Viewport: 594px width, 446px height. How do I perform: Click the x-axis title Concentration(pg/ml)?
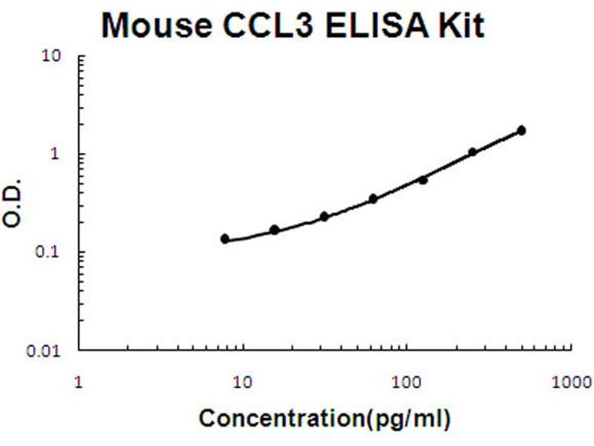[324, 418]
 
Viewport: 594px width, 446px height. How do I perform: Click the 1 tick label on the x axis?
[79, 384]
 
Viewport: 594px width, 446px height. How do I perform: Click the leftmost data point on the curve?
[225, 239]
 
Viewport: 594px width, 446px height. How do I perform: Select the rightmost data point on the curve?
[521, 131]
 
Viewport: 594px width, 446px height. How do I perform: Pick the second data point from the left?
[274, 230]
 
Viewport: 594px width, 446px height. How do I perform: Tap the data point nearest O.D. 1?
[472, 152]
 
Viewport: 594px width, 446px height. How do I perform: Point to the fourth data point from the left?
[373, 198]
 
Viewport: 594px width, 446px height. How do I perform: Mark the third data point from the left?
[324, 216]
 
